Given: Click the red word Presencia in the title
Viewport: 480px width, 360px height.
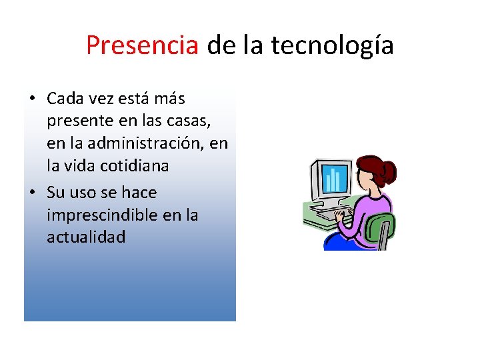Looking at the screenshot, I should [142, 45].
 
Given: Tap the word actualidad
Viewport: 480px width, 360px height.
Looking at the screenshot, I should [86, 237].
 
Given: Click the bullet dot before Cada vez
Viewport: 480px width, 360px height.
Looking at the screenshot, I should [31, 99].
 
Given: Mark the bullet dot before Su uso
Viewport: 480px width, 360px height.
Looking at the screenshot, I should [31, 193].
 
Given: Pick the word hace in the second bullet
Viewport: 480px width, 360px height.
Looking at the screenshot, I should [139, 193].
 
